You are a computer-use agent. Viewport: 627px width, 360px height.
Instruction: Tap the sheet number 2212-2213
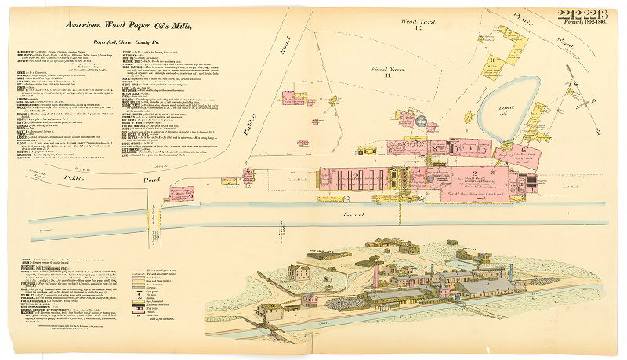point(582,15)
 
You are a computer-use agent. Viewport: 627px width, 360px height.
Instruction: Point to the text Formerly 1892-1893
point(582,25)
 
